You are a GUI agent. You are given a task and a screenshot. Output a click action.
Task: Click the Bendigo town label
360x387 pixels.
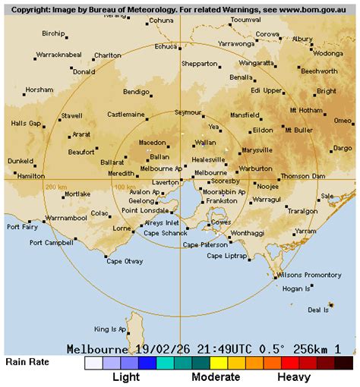(x=136, y=92)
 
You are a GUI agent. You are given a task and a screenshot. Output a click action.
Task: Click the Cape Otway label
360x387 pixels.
(x=124, y=261)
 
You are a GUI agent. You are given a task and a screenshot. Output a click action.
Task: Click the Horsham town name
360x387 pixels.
(x=39, y=90)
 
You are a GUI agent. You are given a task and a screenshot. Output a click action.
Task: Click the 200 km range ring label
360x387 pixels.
(x=56, y=187)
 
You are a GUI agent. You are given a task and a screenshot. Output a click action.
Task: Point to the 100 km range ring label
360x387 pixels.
(x=123, y=187)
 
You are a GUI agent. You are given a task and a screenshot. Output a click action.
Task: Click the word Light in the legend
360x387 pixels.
(x=126, y=376)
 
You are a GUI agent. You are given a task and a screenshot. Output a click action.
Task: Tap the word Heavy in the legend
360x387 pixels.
(x=293, y=376)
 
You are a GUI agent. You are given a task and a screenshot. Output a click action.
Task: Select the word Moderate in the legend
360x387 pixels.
(x=216, y=376)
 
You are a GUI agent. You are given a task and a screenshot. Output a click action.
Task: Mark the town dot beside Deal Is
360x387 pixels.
(x=331, y=305)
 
